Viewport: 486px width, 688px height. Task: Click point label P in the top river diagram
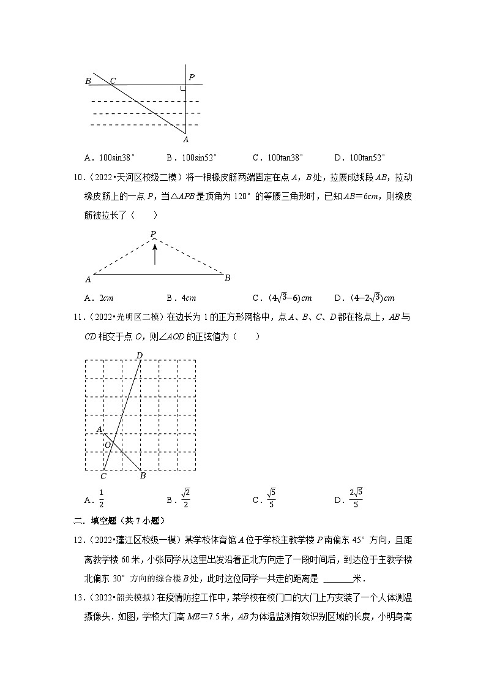pyautogui.click(x=192, y=78)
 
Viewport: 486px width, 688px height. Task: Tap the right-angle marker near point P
pyautogui.click(x=182, y=88)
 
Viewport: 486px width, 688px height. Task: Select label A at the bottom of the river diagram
pyautogui.click(x=186, y=140)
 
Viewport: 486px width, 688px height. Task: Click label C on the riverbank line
pyautogui.click(x=113, y=80)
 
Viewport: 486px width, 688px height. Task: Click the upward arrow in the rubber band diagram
pyautogui.click(x=155, y=253)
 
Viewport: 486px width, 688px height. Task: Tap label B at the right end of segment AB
pyautogui.click(x=227, y=278)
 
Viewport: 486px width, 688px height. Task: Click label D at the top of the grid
pyautogui.click(x=140, y=355)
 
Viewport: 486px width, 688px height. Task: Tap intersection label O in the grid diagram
pyautogui.click(x=107, y=445)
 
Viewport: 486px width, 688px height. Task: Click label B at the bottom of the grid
pyautogui.click(x=143, y=476)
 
